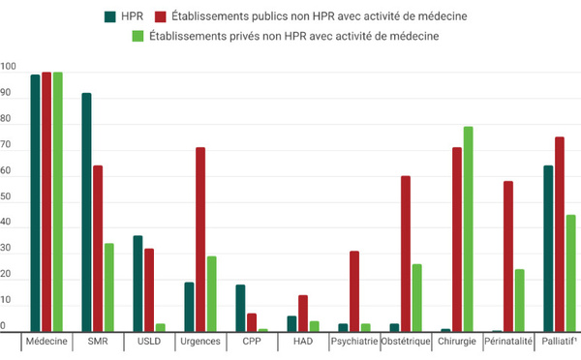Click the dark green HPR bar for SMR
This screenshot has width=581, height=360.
coord(86,212)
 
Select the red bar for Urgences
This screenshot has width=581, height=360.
coord(200,239)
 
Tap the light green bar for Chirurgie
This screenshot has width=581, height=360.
coord(469,229)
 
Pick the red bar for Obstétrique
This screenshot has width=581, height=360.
coord(406,254)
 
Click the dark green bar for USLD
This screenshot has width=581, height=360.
coord(138,284)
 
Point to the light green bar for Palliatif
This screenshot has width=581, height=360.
coord(571,273)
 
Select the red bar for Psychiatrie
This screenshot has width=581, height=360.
coord(354,291)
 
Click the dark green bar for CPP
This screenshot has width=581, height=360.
coord(240,308)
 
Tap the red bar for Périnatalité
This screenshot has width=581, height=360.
coord(508,256)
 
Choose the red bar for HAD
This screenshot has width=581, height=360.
coord(303,314)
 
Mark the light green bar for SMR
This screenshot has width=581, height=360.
coord(108,287)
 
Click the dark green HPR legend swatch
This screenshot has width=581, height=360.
coord(110,16)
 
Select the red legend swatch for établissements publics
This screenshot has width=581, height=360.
coord(161,16)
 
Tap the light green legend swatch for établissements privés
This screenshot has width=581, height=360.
coord(138,37)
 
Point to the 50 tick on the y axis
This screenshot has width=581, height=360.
coord(6,196)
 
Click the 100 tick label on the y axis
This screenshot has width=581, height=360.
coord(8,67)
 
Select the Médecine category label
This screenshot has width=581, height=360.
coord(46,341)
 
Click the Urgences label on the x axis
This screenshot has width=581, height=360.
coord(200,341)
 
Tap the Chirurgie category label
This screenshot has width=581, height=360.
coord(457,341)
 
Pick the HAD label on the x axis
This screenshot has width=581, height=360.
coord(303,341)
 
